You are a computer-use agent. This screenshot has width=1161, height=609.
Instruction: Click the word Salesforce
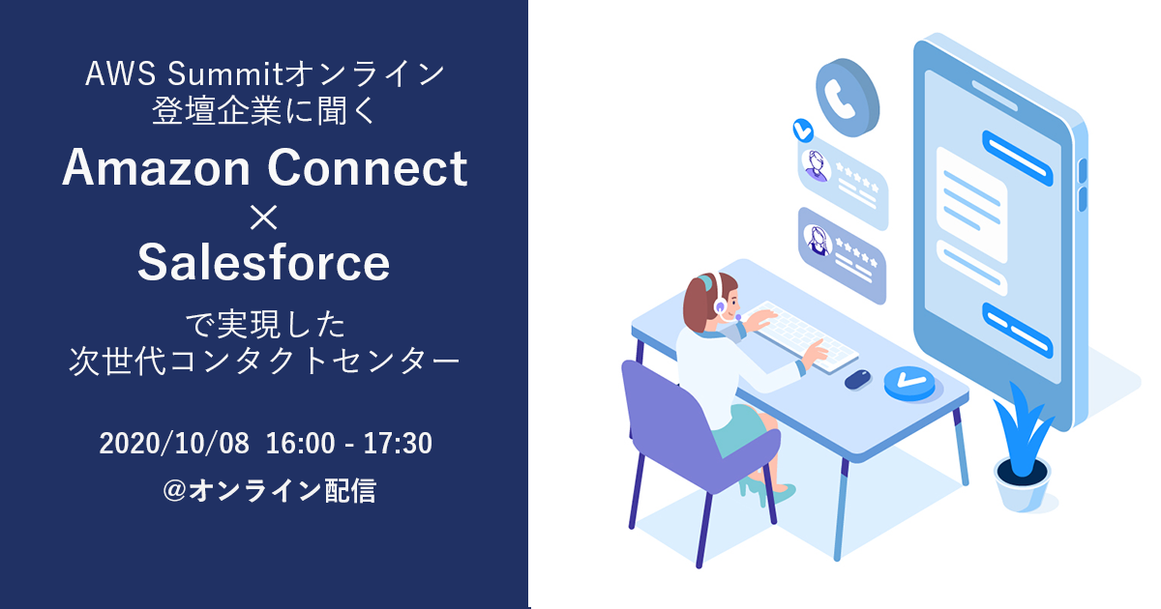click(x=263, y=263)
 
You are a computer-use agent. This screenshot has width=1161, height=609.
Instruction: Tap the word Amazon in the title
click(x=156, y=167)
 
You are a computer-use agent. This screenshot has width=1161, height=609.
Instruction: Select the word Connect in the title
click(x=368, y=167)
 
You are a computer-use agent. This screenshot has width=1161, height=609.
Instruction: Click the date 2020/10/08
click(x=174, y=444)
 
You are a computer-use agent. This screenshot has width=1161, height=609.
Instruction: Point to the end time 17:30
click(x=398, y=444)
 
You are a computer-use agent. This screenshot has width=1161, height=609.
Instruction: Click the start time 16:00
click(x=301, y=444)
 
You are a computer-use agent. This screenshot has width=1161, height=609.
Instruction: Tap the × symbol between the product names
click(x=264, y=217)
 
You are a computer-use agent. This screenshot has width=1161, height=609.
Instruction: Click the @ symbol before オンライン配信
click(x=175, y=490)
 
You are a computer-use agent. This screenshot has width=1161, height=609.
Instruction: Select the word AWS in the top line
click(x=120, y=73)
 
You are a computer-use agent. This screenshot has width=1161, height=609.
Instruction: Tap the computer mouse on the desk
click(x=858, y=379)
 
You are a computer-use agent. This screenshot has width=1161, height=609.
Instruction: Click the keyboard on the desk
click(x=801, y=335)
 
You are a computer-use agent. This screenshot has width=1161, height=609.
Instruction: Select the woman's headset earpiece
click(x=721, y=306)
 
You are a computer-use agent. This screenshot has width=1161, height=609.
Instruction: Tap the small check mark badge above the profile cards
click(x=803, y=130)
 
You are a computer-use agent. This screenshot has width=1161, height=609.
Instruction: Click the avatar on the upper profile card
click(x=816, y=165)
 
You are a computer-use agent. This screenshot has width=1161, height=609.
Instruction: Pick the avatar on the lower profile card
click(x=818, y=241)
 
